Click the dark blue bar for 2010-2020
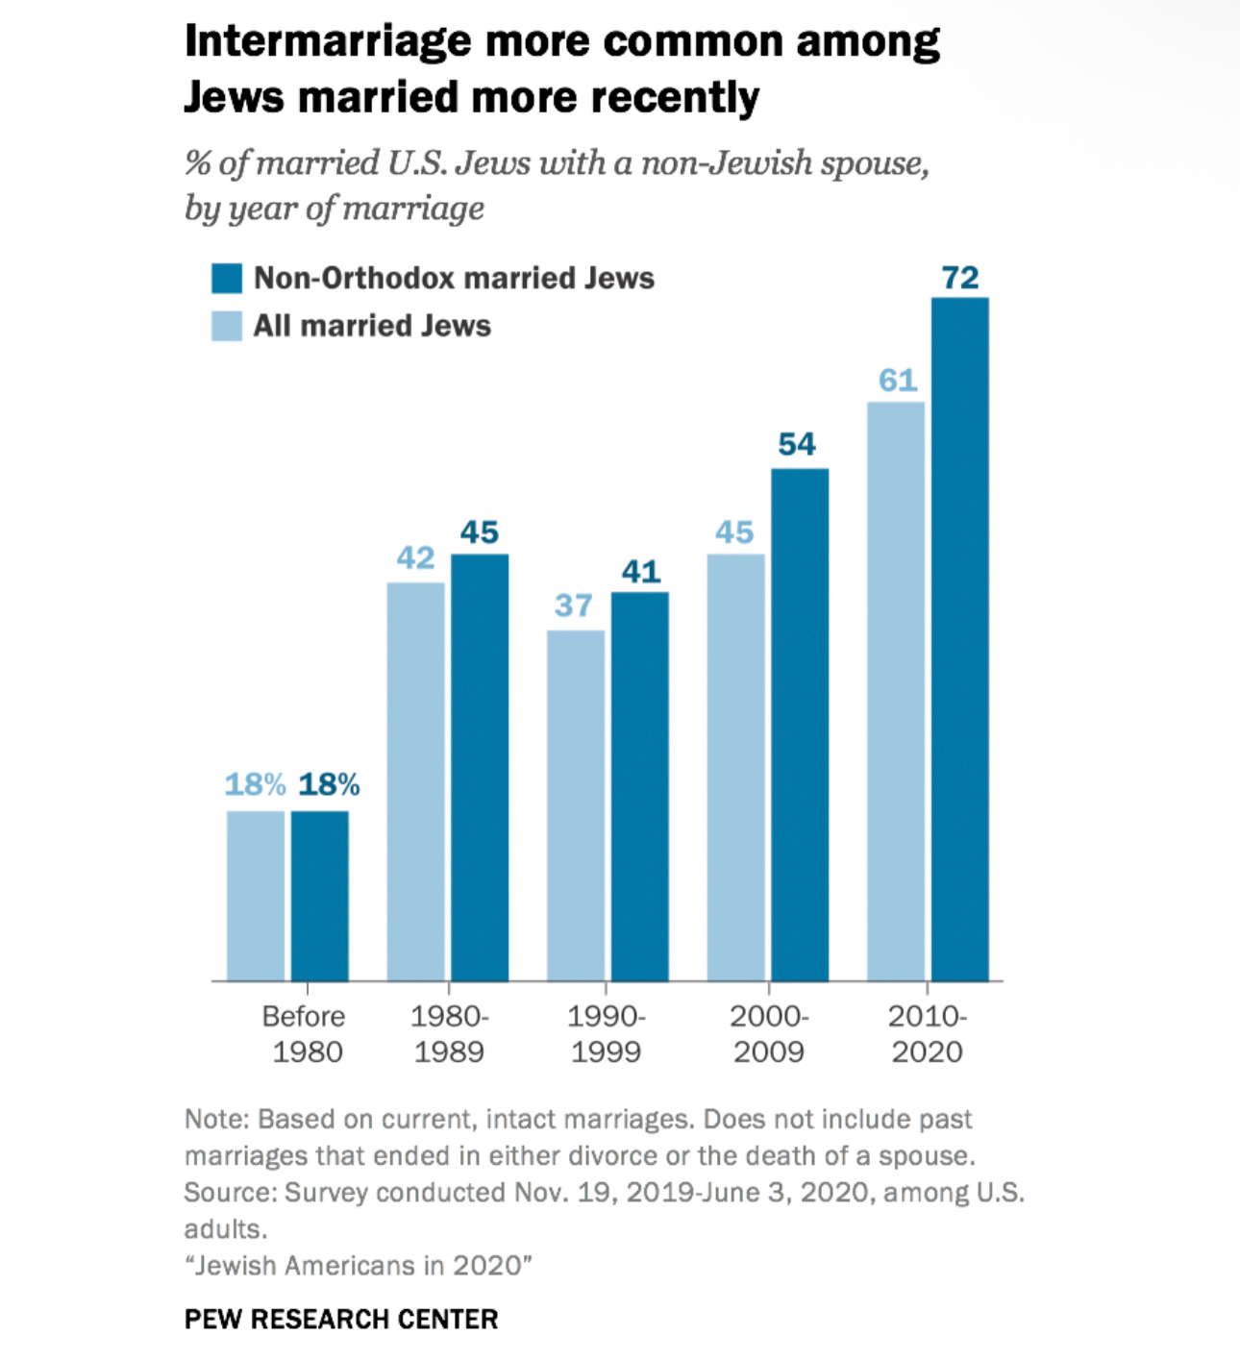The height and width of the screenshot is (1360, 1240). point(959,639)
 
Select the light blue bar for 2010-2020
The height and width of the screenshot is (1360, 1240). point(896,691)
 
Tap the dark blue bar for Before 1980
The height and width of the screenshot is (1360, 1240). point(320,896)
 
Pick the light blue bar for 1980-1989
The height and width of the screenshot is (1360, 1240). point(416,781)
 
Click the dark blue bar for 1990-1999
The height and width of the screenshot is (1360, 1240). point(640,786)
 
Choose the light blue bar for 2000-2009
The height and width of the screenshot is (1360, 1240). point(736,767)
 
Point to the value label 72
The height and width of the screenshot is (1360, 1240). point(960,278)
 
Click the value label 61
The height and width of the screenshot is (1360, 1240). point(898,381)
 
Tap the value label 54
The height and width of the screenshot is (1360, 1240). point(797,444)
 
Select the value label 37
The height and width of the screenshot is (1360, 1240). point(574,606)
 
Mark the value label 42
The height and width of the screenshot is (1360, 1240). point(416,557)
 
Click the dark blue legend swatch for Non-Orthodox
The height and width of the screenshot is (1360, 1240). point(227,279)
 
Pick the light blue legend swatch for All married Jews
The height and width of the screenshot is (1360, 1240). point(227,326)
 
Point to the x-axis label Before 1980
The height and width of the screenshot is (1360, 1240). point(305,1034)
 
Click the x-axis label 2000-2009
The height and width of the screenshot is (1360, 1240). point(769,1034)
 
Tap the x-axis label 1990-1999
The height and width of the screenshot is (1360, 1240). point(607,1034)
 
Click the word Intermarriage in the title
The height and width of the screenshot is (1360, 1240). point(327,42)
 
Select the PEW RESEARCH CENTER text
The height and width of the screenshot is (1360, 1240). point(341,1319)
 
